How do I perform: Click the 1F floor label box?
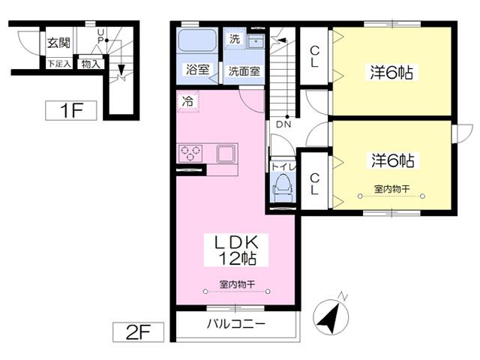pos(71,112)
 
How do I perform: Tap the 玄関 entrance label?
pos(59,42)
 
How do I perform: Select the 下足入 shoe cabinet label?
pos(60,64)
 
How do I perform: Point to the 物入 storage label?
pos(90,64)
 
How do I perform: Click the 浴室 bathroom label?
pos(198,70)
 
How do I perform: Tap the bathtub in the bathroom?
pos(199,43)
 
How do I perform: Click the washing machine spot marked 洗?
pos(234,39)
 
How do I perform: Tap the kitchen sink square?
pos(226,154)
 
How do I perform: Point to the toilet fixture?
pos(283,185)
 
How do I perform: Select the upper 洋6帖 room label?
pos(391,73)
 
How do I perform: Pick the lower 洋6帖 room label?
pos(391,160)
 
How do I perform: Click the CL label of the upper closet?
pos(316,56)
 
